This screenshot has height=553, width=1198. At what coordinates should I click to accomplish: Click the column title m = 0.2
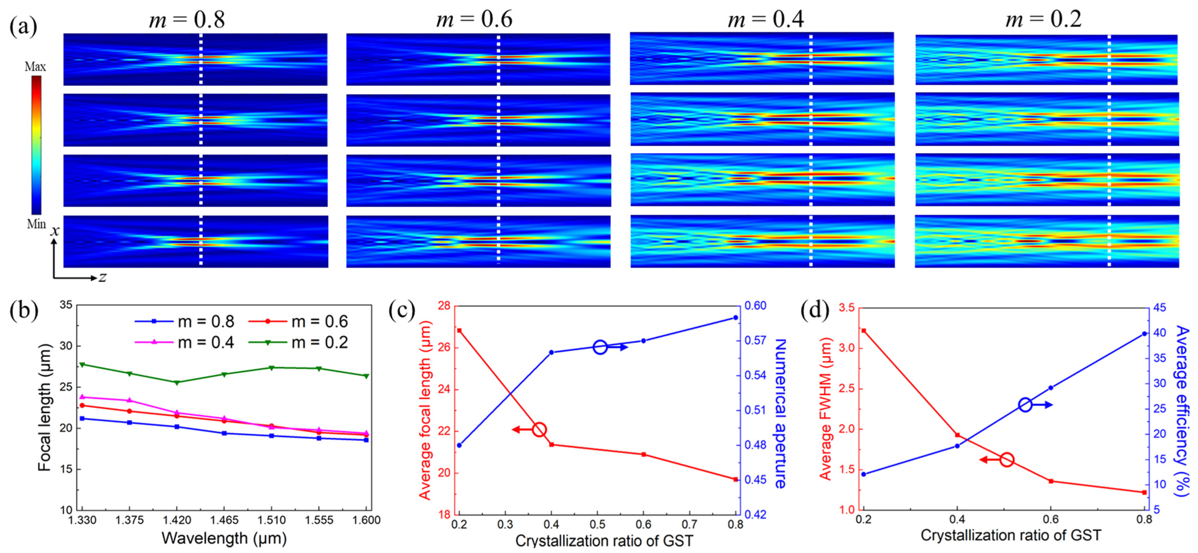pos(1044,20)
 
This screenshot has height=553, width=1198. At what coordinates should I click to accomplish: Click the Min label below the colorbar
pos(36,224)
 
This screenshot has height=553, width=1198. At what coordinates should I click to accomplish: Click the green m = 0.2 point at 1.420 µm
pos(177,382)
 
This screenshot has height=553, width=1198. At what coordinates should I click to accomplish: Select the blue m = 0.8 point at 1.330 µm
pos(82,418)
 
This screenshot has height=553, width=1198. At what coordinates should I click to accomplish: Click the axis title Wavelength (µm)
pos(224,538)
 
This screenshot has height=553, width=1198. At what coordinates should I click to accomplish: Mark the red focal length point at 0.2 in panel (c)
pos(460,330)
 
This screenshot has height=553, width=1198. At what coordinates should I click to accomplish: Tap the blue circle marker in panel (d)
pos(1026,405)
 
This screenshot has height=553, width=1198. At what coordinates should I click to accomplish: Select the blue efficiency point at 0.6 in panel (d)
pos(1051,388)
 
